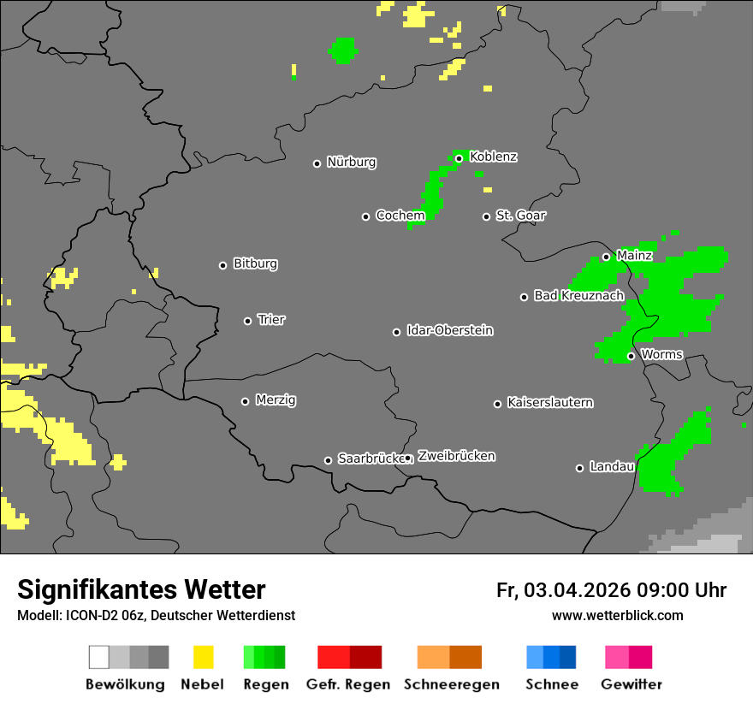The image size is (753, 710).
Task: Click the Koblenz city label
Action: (x=494, y=157)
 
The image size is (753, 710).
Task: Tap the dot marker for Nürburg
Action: (x=317, y=163)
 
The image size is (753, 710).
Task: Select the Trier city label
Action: (x=271, y=319)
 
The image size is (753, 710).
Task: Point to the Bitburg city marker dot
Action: (x=222, y=264)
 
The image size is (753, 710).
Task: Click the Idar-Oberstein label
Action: (x=450, y=330)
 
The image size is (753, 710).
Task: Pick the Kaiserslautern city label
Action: (x=550, y=402)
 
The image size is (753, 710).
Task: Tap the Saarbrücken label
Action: (x=370, y=459)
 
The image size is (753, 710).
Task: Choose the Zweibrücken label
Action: (x=456, y=456)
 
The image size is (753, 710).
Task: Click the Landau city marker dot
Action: (x=579, y=467)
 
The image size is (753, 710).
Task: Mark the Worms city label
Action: (x=661, y=354)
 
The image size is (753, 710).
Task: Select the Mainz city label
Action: (x=634, y=255)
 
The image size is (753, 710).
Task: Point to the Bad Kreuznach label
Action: (x=578, y=295)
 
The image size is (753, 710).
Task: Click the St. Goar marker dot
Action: (x=486, y=216)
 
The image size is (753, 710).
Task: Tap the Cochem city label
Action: (x=400, y=216)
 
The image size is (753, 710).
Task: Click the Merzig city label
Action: (x=276, y=399)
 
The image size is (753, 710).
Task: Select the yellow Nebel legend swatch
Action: (x=203, y=657)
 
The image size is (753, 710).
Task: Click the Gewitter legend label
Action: (x=631, y=684)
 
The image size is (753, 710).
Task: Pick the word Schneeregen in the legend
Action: (x=450, y=684)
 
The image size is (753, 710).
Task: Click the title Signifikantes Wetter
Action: (x=141, y=589)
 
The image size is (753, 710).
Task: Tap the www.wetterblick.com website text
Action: (x=617, y=615)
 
